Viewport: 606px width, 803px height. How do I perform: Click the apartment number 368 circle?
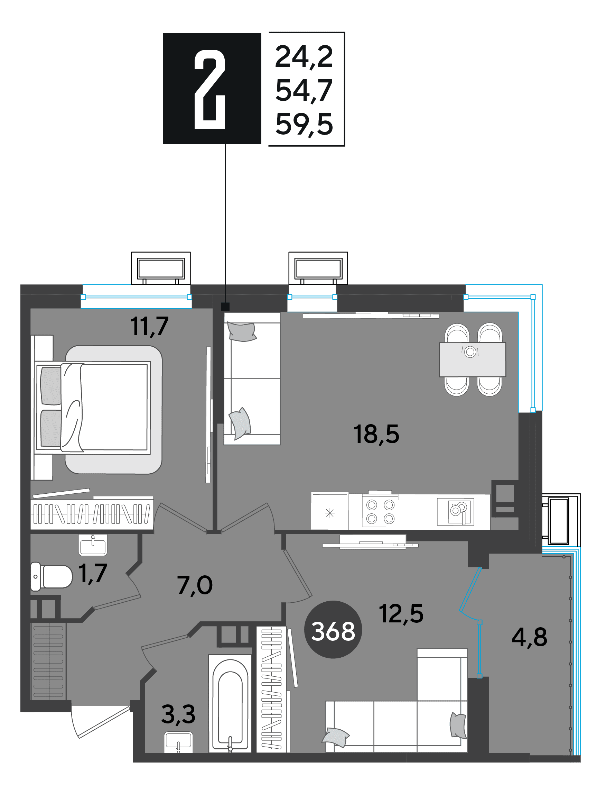click(333, 629)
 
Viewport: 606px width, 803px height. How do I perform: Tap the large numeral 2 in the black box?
click(210, 89)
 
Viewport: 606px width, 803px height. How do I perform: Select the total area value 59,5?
click(304, 125)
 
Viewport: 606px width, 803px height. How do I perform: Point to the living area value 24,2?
click(304, 57)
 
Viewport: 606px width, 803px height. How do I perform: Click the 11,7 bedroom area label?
click(149, 326)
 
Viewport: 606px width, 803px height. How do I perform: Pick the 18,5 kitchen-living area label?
click(376, 434)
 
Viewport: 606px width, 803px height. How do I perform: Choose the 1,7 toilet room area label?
click(93, 573)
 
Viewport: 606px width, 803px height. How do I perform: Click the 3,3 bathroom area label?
click(178, 714)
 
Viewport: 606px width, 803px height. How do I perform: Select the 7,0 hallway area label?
click(195, 585)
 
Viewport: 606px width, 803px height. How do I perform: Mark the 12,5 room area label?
click(401, 613)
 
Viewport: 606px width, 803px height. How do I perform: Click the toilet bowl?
click(52, 576)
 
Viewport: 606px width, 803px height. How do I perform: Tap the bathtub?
click(230, 705)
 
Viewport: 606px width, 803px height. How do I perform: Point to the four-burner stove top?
click(380, 512)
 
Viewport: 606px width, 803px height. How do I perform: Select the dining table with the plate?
click(472, 359)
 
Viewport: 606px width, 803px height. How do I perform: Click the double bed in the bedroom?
click(93, 407)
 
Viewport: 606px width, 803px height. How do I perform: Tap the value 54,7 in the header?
click(304, 90)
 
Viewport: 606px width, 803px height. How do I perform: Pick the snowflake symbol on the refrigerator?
click(330, 513)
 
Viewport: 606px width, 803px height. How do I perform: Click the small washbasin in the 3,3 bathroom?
click(178, 742)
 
